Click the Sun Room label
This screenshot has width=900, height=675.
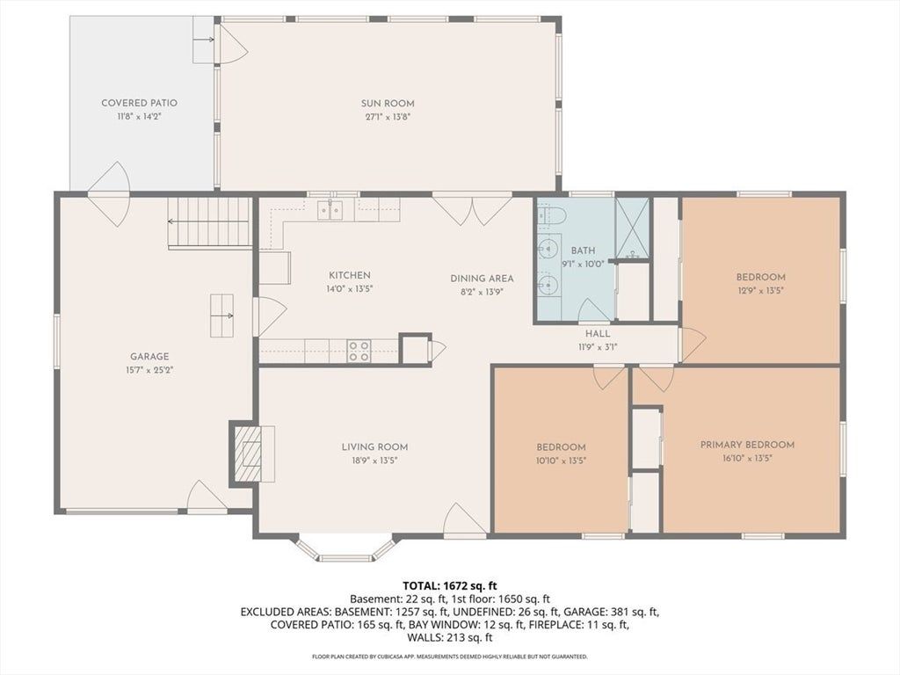tap(388, 104)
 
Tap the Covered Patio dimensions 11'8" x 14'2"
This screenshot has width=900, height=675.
tap(138, 117)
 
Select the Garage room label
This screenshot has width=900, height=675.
tap(149, 357)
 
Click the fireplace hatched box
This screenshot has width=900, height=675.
tap(245, 453)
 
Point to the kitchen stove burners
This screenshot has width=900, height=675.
tap(359, 351)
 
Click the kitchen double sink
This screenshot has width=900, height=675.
tap(330, 210)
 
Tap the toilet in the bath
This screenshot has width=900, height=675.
tap(552, 215)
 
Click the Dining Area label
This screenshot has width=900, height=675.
tap(482, 279)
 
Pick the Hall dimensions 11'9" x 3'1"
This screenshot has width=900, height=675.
tap(598, 346)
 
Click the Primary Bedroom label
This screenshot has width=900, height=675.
tap(747, 445)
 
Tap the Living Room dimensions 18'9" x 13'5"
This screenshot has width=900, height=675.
tap(374, 461)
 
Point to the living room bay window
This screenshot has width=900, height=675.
tap(345, 549)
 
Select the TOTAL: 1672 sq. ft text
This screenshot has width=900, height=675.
tap(449, 586)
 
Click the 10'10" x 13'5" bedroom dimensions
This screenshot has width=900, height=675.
tap(561, 461)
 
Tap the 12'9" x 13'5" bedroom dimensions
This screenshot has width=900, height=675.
tap(760, 290)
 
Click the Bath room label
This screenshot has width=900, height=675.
tap(583, 250)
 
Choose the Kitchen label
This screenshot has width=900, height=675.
tap(350, 275)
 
